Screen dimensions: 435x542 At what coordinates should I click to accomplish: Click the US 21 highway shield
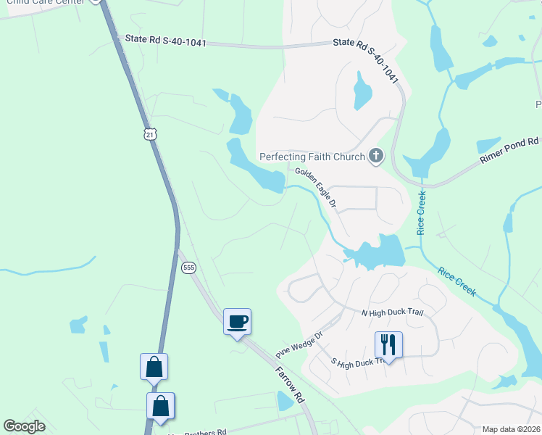149,134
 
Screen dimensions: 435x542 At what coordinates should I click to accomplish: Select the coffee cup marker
237,321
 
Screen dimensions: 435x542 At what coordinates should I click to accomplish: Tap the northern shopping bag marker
154,367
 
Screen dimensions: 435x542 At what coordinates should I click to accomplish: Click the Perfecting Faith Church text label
312,157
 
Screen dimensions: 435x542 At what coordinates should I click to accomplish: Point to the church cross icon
375,155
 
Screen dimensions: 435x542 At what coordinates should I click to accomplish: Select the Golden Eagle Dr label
316,188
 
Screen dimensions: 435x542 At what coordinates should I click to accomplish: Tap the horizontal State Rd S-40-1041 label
166,41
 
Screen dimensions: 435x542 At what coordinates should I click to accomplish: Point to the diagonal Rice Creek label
456,281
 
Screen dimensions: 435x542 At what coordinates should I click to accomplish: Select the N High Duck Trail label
392,312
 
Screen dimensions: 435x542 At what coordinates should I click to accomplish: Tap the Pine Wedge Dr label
298,341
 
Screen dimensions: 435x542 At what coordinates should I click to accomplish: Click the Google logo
25,426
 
